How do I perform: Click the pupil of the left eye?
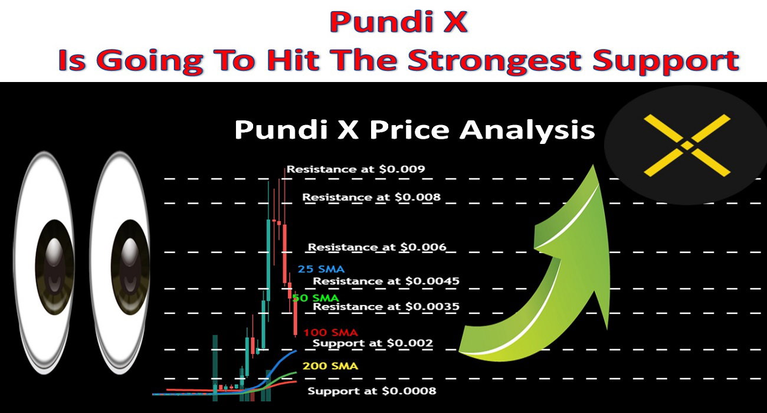coord(55,267)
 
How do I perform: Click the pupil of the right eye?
coord(130,267)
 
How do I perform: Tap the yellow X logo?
coord(687,145)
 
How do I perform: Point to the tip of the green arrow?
coord(593,165)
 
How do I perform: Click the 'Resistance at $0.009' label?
coord(355,169)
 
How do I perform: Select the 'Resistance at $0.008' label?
coord(371,197)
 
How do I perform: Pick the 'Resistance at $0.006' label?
coord(377,247)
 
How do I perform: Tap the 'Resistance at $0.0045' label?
coord(386,281)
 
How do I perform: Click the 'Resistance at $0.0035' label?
coord(386,306)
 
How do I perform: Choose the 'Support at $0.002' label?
coord(373,343)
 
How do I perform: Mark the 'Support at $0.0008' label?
coord(372,391)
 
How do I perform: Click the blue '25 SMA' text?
coord(321,269)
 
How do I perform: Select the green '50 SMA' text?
coord(316,299)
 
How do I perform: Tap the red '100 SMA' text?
coord(330,333)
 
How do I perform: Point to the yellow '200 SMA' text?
coord(330,366)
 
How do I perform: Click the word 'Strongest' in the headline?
coord(494,61)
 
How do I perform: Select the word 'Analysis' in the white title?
coord(527,130)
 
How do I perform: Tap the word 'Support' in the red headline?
coord(666,61)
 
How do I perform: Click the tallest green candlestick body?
coord(268,260)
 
